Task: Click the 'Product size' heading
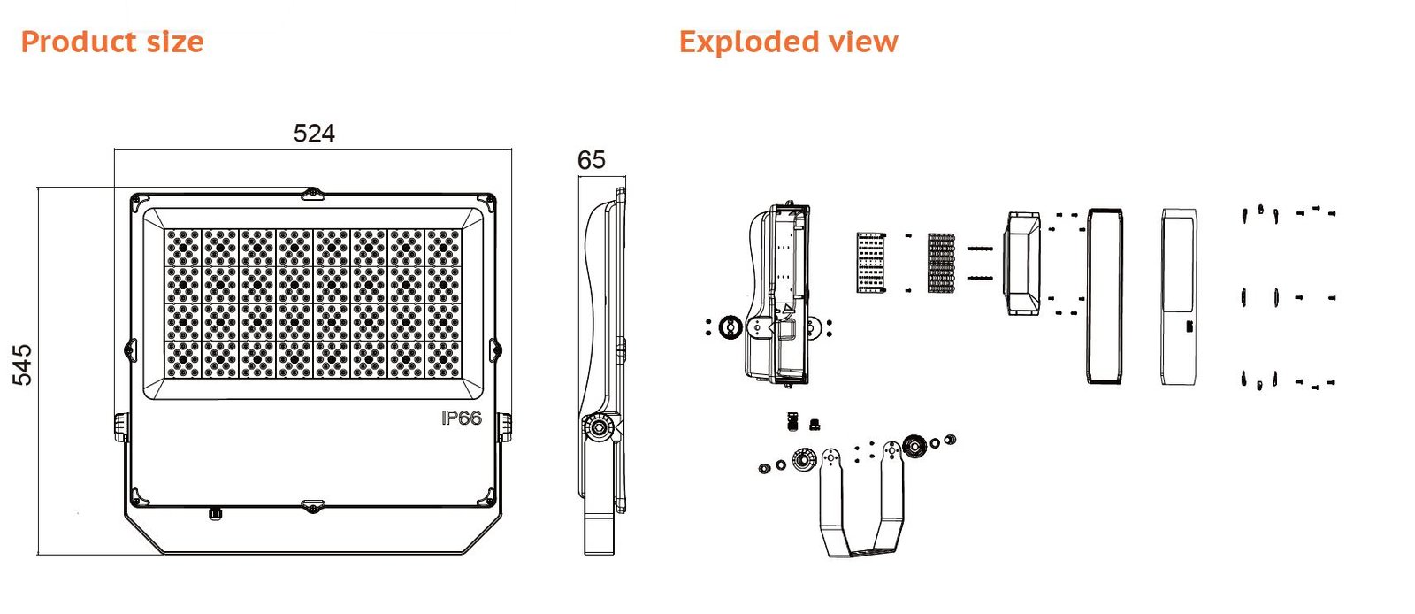[112, 42]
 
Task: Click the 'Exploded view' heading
[788, 42]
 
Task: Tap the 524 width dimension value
[314, 134]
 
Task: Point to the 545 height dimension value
[22, 365]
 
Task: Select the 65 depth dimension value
[591, 160]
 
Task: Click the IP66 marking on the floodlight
[462, 418]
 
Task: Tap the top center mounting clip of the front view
[312, 193]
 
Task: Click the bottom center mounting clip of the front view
[312, 506]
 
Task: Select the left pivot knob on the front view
[121, 426]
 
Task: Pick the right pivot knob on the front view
[504, 426]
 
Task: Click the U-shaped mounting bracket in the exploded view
[862, 513]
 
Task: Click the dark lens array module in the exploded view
[941, 263]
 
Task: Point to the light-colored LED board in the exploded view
[871, 263]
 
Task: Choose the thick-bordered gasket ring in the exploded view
[1105, 296]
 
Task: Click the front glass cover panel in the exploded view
[1179, 296]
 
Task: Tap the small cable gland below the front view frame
[213, 513]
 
